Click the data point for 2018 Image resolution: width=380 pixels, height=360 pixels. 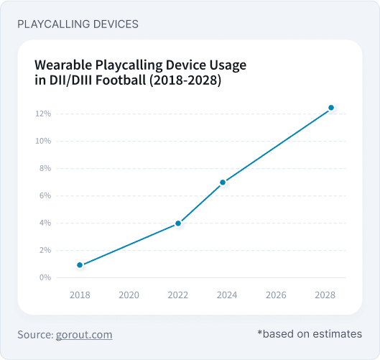click(x=80, y=265)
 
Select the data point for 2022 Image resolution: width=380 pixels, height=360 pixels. click(x=178, y=223)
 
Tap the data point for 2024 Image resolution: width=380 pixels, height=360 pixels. click(x=223, y=183)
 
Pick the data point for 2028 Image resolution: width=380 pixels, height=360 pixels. click(x=331, y=108)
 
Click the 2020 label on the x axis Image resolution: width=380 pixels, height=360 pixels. click(x=129, y=295)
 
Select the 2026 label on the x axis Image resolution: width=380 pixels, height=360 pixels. click(x=276, y=295)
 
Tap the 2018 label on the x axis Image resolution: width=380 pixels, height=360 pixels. click(x=80, y=295)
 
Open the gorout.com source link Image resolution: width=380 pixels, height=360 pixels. click(x=83, y=335)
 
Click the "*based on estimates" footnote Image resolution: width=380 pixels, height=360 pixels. click(x=309, y=334)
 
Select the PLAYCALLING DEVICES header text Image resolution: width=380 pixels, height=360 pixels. click(x=78, y=24)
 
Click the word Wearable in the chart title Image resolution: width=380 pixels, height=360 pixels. click(x=63, y=65)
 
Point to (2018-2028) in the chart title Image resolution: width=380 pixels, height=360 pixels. click(x=182, y=81)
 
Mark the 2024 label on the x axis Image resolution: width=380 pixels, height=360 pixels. click(x=227, y=295)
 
